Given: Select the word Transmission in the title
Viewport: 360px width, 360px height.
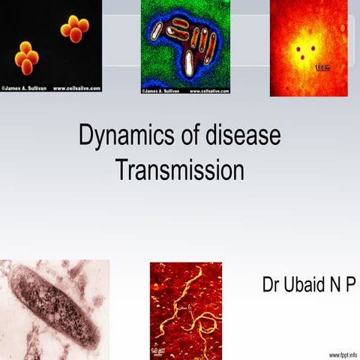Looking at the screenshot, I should click(180, 170).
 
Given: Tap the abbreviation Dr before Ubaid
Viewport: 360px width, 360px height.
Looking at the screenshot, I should click(271, 285).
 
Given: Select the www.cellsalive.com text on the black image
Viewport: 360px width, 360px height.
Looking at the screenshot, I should click(76, 88).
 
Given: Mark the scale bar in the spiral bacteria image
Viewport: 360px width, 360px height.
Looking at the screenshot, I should click(158, 349).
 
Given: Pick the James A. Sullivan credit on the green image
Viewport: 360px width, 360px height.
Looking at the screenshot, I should click(165, 91).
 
